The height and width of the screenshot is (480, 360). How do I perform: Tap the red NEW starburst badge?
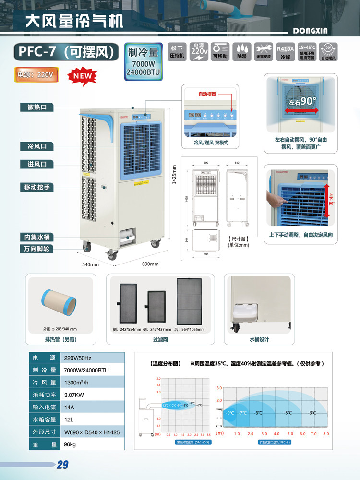pyautogui.click(x=83, y=76)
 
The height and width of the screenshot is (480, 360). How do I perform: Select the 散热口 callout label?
pyautogui.click(x=37, y=107)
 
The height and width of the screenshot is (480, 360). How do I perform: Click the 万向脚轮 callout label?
pyautogui.click(x=37, y=249)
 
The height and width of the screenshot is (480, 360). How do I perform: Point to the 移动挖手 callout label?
pyautogui.click(x=37, y=187)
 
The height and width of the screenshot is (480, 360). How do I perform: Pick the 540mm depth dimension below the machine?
pyautogui.click(x=90, y=264)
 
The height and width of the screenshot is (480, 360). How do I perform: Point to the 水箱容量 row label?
pyautogui.click(x=44, y=420)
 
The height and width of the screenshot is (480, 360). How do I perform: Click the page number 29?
pyautogui.click(x=63, y=465)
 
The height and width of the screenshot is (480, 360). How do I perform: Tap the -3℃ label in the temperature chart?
pyautogui.click(x=312, y=413)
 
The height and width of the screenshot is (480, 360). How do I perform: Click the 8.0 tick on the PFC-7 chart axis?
pyautogui.click(x=326, y=434)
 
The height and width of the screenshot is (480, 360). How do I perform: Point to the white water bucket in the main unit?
pyautogui.click(x=128, y=236)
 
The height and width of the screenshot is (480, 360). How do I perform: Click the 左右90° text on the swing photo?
pyautogui.click(x=303, y=102)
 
